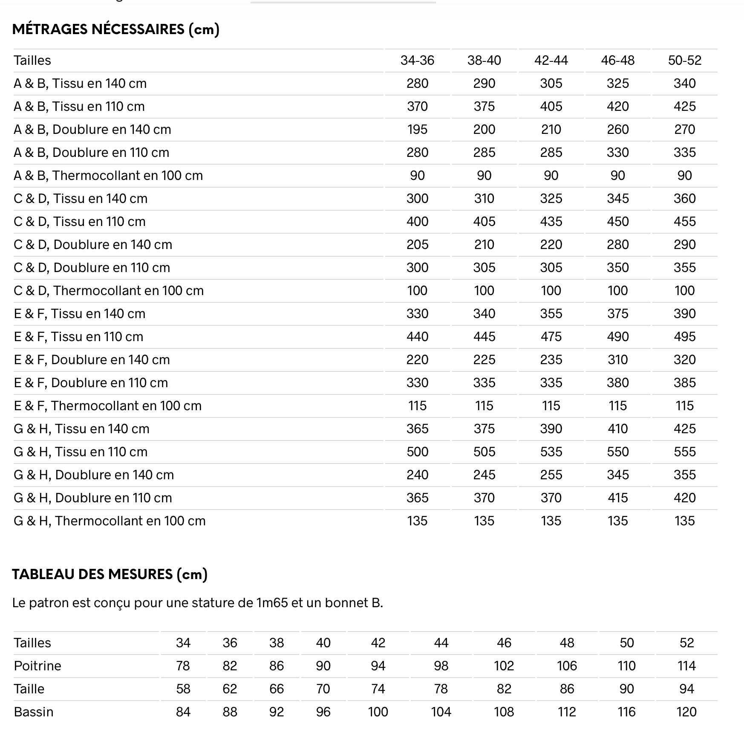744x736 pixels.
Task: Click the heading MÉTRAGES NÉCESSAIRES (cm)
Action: click(115, 29)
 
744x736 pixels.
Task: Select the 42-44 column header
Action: click(551, 60)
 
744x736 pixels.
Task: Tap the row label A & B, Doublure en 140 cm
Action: click(92, 129)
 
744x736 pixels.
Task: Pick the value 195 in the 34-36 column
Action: click(417, 129)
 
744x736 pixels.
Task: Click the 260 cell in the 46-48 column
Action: click(617, 129)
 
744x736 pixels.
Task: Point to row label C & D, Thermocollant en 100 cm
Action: click(109, 290)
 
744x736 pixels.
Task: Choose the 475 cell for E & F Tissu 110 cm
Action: click(551, 336)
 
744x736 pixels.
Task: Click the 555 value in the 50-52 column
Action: click(684, 452)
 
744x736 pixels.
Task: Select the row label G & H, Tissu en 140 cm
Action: click(81, 429)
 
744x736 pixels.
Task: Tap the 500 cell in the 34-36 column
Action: click(417, 452)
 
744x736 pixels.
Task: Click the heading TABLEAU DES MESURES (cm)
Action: click(110, 574)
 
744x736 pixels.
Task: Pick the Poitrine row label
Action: click(37, 666)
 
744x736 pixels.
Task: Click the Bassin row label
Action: click(34, 712)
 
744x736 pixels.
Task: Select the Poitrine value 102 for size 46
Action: click(504, 666)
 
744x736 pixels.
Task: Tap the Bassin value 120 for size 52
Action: click(686, 712)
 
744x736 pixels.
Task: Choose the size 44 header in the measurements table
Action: click(441, 643)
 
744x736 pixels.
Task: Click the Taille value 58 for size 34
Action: click(183, 689)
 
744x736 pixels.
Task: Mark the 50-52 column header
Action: click(684, 60)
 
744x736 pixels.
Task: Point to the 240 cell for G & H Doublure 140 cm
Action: click(417, 475)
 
